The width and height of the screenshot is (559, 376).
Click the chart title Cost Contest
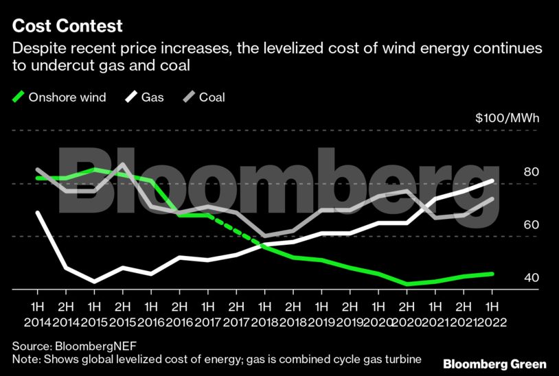[67, 27]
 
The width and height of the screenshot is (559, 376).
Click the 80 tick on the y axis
[530, 172]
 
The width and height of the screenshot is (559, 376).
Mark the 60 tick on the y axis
[530, 225]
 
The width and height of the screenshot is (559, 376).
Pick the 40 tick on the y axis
[530, 278]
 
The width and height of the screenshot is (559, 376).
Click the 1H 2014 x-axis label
[36, 312]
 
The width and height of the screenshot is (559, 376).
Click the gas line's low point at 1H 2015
[93, 281]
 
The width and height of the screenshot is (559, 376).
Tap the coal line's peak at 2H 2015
[122, 165]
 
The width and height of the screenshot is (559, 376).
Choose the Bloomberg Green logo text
[494, 363]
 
